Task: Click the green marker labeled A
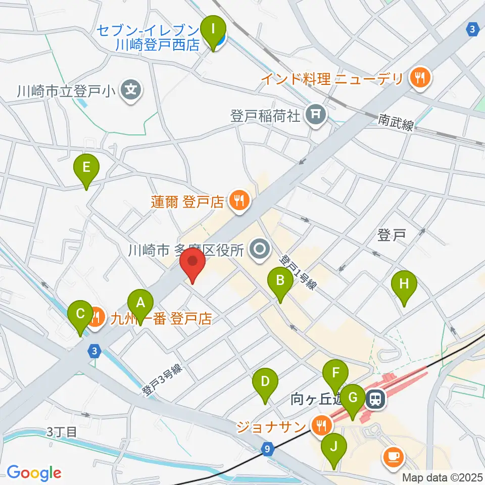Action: click(141, 303)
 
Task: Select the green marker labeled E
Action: click(86, 167)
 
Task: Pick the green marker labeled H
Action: click(404, 283)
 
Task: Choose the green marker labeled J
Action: click(333, 447)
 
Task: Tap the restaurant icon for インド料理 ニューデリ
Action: click(419, 78)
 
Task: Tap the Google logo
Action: click(34, 472)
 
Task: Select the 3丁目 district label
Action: click(62, 432)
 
